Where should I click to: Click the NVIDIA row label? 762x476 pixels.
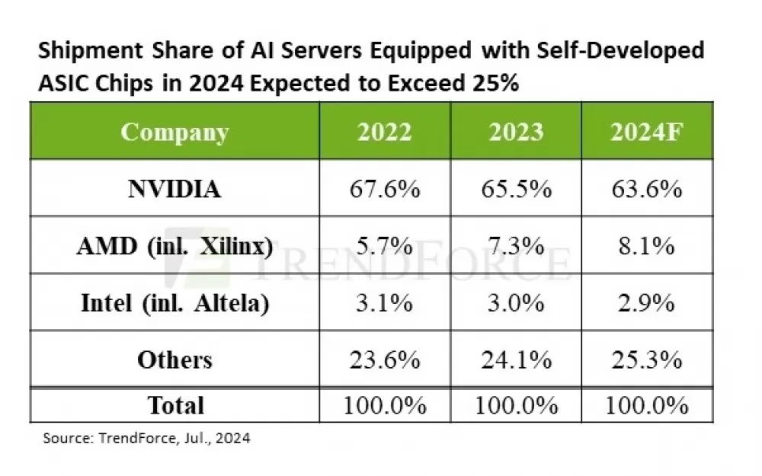[x=174, y=188]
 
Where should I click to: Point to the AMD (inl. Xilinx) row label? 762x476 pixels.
[x=174, y=245]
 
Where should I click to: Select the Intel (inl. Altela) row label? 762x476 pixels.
[x=174, y=302]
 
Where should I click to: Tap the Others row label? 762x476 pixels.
[x=174, y=359]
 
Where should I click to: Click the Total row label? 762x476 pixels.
[x=174, y=404]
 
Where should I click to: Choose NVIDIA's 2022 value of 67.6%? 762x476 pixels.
[x=384, y=188]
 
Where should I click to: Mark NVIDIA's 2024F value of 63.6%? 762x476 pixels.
[x=646, y=188]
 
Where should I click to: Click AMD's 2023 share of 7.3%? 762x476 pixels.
[x=516, y=245]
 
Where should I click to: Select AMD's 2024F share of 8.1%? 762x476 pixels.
[x=646, y=245]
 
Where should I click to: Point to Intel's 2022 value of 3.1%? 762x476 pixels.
[x=384, y=302]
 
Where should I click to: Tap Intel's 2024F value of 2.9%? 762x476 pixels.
[x=646, y=302]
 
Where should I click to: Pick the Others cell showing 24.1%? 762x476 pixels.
[x=516, y=359]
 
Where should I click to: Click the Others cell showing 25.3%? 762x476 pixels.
[x=646, y=359]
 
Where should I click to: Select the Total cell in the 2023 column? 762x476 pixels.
[x=516, y=404]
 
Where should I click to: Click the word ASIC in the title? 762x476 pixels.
[x=63, y=82]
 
